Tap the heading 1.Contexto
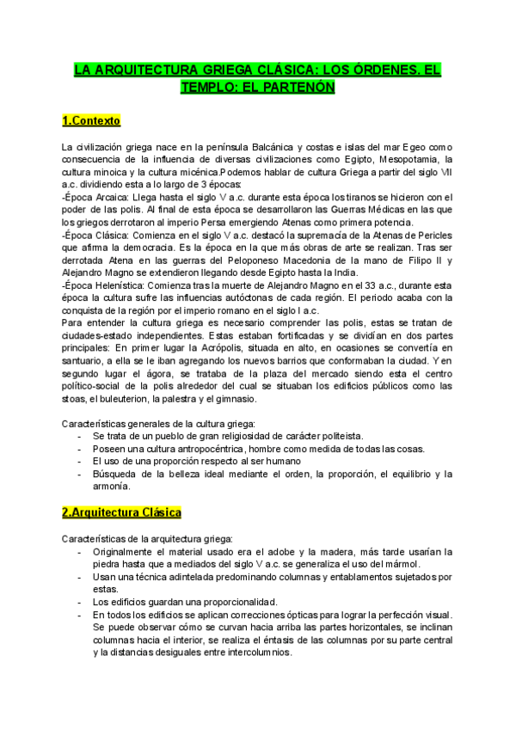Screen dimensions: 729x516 [91, 119]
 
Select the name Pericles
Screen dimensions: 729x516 [430, 234]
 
